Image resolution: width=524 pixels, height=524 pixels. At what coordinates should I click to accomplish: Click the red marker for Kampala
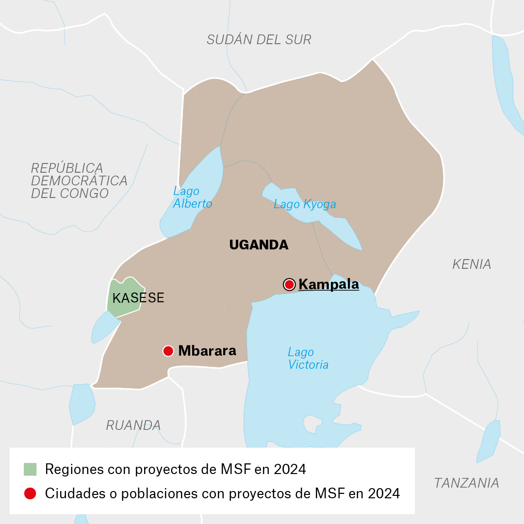[289, 284]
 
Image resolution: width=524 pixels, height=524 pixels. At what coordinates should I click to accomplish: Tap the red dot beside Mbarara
[168, 351]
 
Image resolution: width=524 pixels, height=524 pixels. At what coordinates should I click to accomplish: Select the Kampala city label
[328, 284]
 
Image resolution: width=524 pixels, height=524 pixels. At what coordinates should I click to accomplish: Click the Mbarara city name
[207, 351]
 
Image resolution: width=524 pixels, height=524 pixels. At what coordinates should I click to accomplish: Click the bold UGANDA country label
[259, 245]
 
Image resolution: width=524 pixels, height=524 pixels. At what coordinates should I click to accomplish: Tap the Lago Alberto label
[192, 197]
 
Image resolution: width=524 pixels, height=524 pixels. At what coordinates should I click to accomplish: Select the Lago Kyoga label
[305, 204]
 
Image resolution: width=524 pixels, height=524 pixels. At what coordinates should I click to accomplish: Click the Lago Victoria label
[308, 359]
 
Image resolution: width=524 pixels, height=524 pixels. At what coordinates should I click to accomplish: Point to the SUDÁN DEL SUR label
[259, 40]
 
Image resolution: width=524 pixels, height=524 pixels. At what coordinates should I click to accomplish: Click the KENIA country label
[471, 264]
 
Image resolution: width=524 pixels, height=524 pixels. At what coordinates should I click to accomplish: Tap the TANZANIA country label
[466, 483]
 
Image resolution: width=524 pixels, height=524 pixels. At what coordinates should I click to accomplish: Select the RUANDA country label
[133, 426]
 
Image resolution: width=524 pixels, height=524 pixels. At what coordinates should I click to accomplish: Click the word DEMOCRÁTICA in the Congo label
[79, 181]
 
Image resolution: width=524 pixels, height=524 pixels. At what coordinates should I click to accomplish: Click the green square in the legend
[30, 469]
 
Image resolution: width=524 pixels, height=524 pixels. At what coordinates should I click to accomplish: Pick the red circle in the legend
[30, 493]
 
